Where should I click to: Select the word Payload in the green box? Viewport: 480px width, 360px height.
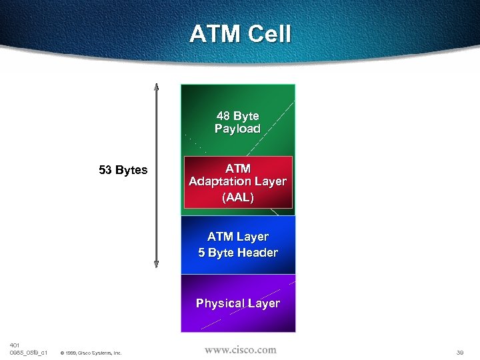237,129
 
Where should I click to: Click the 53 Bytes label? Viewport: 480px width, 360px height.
123,170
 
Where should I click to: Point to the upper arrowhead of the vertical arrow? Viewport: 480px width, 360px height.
156,87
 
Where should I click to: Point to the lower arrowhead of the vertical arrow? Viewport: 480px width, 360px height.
156,264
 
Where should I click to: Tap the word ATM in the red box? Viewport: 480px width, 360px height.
238,168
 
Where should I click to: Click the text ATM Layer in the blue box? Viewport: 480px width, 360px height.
238,237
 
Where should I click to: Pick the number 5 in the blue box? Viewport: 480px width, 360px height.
201,253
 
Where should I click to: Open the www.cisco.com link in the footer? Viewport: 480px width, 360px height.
240,350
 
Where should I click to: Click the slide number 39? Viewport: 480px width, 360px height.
460,352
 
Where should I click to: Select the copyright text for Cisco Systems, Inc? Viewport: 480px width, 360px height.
91,353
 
